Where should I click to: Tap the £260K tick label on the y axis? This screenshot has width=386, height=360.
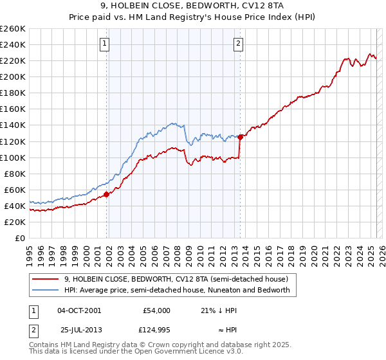click(x=13, y=29)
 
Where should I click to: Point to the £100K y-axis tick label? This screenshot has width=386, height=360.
click(x=13, y=157)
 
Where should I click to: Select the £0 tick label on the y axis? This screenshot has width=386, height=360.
click(x=21, y=238)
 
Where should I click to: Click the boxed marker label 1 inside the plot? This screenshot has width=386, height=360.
click(x=104, y=44)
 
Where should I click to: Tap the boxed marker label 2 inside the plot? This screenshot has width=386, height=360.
click(x=238, y=44)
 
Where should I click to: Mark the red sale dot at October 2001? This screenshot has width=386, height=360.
click(x=107, y=194)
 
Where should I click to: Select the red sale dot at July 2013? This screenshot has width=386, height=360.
click(x=240, y=136)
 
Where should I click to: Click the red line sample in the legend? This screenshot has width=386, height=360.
click(x=46, y=279)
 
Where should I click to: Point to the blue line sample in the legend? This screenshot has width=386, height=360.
click(x=46, y=290)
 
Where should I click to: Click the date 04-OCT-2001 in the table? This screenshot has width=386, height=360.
click(x=79, y=310)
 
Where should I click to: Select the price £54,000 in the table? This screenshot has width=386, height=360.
click(x=156, y=310)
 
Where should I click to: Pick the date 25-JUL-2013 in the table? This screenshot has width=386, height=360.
click(x=78, y=330)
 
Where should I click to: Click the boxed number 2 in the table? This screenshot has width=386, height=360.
click(x=33, y=330)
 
